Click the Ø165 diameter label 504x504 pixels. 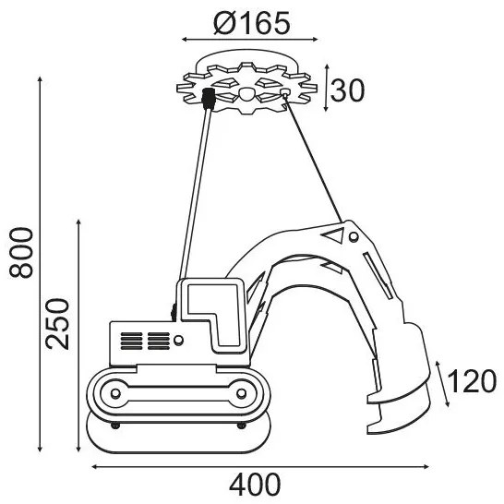pyautogui.click(x=252, y=23)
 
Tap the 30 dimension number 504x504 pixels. pyautogui.click(x=348, y=90)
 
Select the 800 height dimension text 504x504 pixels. pyautogui.click(x=21, y=253)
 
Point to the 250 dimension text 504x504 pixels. pyautogui.click(x=57, y=324)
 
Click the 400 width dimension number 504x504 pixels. pyautogui.click(x=255, y=485)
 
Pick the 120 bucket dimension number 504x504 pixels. pyautogui.click(x=472, y=381)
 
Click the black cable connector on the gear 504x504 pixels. pyautogui.click(x=209, y=99)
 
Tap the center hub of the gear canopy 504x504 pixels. pyautogui.click(x=246, y=94)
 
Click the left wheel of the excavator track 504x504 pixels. pyautogui.click(x=115, y=393)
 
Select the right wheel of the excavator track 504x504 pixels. pyautogui.click(x=241, y=393)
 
